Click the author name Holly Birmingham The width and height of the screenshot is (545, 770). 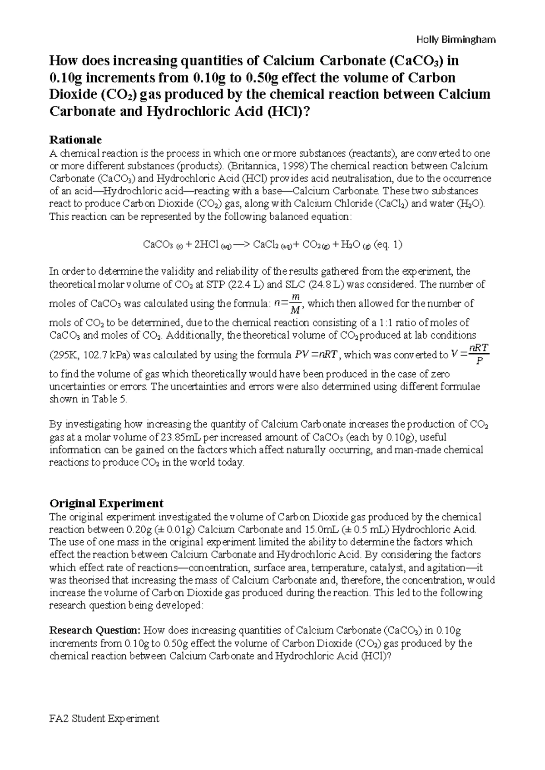(456, 40)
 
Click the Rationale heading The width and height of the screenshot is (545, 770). (75, 139)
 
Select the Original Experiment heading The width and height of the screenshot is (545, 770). (106, 503)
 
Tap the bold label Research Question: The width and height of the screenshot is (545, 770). (95, 631)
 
